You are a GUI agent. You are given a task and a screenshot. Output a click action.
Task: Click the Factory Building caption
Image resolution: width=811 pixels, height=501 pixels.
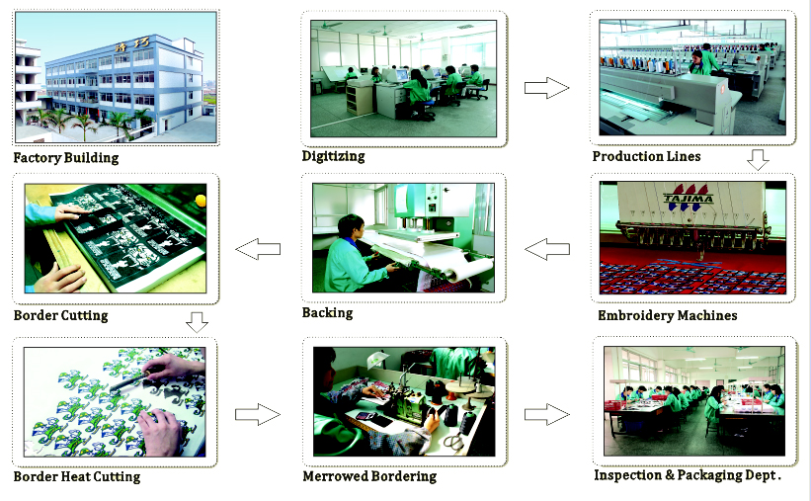pos(65,158)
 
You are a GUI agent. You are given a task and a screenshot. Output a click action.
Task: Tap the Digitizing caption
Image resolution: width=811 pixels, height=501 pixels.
pos(333,156)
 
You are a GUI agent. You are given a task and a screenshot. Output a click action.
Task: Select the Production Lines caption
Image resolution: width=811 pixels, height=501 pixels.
pos(646,156)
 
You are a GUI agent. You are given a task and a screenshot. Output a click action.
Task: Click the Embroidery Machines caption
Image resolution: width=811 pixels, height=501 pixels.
pos(667,315)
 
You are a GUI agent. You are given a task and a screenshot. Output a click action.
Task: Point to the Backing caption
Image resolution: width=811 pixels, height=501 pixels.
pos(327,312)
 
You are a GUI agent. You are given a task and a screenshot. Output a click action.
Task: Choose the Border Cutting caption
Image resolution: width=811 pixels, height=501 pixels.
pos(60,315)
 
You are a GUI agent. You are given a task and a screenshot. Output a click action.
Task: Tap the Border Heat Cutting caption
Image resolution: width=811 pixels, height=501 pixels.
pos(76,476)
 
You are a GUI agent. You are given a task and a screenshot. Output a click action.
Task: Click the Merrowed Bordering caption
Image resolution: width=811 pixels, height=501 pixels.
pos(369,476)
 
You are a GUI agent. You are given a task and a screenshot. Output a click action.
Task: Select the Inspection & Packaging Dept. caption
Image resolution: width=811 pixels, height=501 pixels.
pos(688,475)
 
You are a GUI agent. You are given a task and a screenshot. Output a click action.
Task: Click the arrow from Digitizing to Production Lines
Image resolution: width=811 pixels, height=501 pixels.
pos(546,88)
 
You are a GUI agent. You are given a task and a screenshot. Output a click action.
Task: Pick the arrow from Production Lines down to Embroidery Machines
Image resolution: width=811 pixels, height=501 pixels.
pos(758,160)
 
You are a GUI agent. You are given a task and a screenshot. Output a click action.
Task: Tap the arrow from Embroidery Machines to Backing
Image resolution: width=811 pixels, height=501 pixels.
pos(547,249)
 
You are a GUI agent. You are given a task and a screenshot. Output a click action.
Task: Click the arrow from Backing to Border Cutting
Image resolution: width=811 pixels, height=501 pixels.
pos(258,249)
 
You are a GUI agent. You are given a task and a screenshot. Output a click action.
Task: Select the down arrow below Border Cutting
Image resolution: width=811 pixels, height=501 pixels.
pos(197,322)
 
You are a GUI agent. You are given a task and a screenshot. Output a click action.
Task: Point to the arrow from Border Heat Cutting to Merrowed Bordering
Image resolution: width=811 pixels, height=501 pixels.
pos(258,415)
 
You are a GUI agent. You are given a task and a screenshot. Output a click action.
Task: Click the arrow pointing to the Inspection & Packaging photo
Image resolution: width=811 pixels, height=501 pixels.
pos(546,415)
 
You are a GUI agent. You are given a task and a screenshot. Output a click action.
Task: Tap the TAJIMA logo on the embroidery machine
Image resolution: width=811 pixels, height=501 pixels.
pos(689,198)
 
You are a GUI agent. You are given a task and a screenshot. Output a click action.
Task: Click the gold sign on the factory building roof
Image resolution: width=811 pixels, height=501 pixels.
pos(132,45)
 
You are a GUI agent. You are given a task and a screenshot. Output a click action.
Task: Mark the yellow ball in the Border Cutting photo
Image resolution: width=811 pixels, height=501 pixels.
pos(201,201)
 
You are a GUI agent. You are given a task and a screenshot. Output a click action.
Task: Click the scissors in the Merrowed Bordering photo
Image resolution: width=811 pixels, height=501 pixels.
pos(453,442)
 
